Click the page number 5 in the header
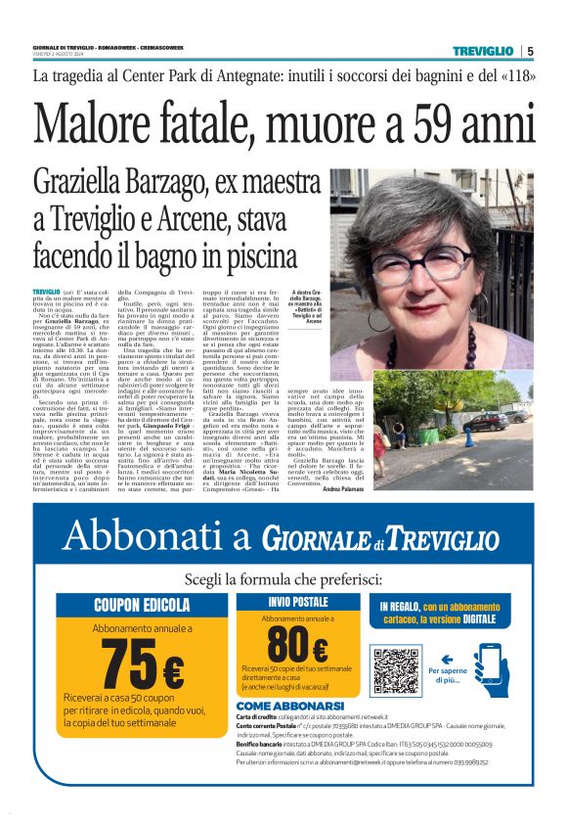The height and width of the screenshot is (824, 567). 530,51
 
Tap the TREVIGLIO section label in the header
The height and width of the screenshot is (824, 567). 482,51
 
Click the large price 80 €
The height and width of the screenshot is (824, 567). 297,645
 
